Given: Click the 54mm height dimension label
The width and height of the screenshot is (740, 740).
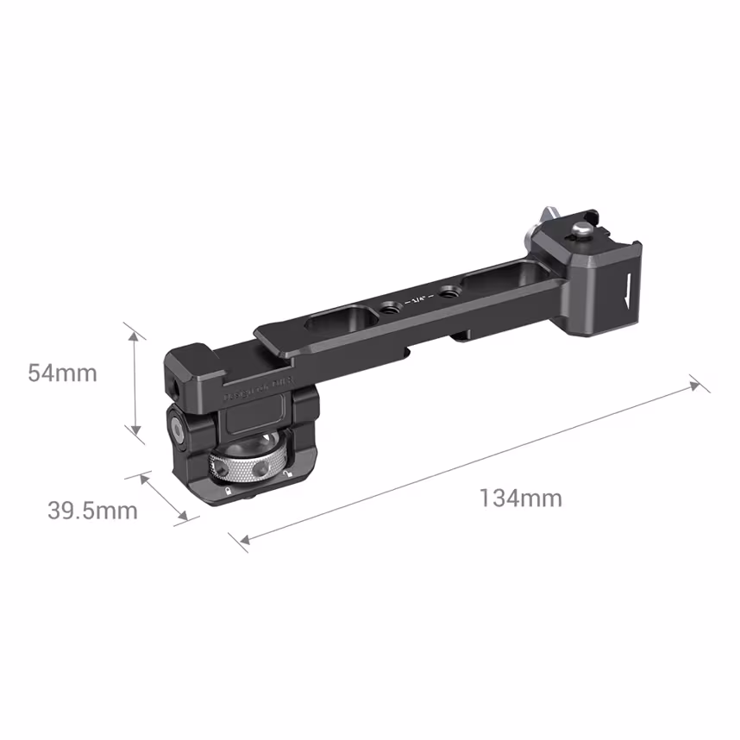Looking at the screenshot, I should tap(62, 373).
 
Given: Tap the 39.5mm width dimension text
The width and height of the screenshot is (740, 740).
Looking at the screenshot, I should tap(92, 511).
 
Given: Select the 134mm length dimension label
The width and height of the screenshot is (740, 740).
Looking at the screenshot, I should tap(521, 498).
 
